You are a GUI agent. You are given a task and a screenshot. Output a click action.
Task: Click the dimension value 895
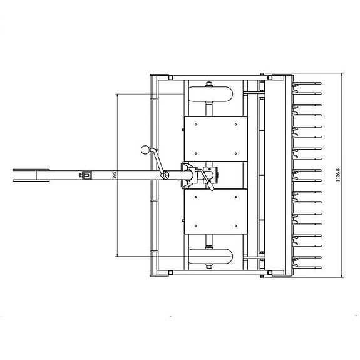pos(114,175)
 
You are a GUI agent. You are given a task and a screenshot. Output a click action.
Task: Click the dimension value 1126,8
pos(337,175)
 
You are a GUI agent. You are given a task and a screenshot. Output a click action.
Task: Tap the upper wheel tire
pos(210,94)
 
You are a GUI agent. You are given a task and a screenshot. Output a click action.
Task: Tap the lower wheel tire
pos(210,256)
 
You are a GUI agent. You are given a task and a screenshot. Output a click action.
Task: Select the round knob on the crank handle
pos(145,150)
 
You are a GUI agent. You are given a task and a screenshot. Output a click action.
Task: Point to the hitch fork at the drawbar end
pos(31,175)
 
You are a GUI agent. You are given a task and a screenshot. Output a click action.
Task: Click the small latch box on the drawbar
pos(86,175)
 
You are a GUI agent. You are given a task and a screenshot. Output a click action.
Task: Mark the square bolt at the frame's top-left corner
pos(170,78)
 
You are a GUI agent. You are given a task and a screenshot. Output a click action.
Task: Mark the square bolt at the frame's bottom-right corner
pos(270,273)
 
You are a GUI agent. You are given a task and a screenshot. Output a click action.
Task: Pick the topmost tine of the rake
pos(307,83)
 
